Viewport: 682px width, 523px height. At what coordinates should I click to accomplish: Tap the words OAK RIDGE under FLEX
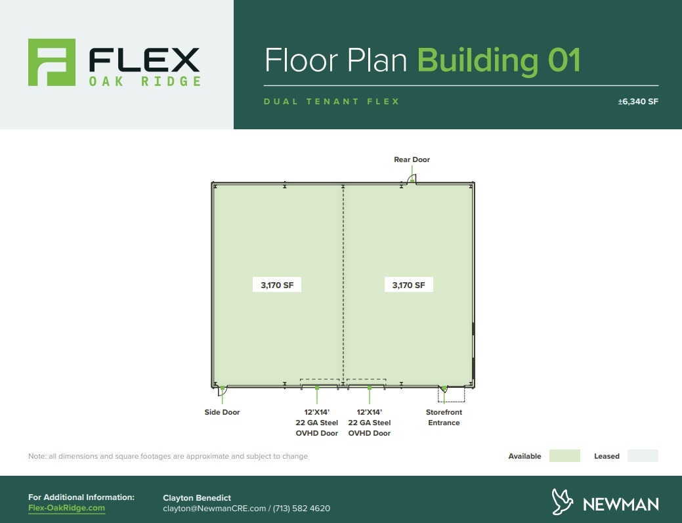pyautogui.click(x=144, y=81)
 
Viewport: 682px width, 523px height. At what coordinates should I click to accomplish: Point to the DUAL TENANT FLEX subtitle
pyautogui.click(x=331, y=102)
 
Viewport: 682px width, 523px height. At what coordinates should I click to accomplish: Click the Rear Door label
pyautogui.click(x=412, y=159)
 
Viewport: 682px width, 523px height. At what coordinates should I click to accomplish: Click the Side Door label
pyautogui.click(x=222, y=412)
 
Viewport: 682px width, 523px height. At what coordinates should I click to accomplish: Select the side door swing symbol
pyautogui.click(x=223, y=389)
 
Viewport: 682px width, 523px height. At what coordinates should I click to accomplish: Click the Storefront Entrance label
pyautogui.click(x=444, y=417)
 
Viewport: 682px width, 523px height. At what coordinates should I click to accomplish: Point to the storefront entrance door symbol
pyautogui.click(x=444, y=389)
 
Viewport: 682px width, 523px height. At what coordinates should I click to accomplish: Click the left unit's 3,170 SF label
pyautogui.click(x=277, y=285)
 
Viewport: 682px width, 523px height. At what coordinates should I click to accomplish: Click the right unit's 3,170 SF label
pyautogui.click(x=408, y=285)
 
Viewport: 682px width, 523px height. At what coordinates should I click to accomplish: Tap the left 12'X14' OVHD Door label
pyautogui.click(x=317, y=423)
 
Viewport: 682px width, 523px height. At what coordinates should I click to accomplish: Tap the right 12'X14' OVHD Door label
pyautogui.click(x=370, y=423)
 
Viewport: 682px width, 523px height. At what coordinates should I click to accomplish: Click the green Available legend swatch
pyautogui.click(x=565, y=456)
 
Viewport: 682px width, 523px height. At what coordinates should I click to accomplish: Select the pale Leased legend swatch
pyautogui.click(x=643, y=456)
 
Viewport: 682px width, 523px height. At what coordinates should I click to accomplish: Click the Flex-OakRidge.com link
pyautogui.click(x=66, y=508)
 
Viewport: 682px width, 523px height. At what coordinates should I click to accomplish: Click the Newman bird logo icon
pyautogui.click(x=563, y=503)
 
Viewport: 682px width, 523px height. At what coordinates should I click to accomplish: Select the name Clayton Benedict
pyautogui.click(x=197, y=498)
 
